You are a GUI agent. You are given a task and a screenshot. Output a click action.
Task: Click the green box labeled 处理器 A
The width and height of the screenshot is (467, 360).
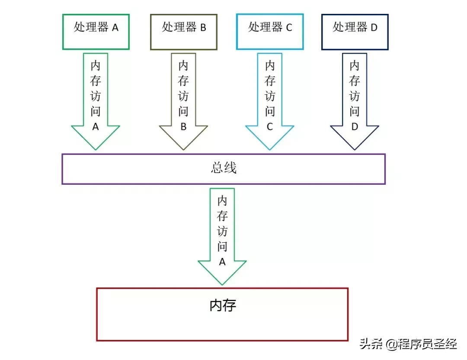(x=96, y=32)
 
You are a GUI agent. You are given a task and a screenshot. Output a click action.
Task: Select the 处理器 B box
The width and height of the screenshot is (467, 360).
(x=184, y=32)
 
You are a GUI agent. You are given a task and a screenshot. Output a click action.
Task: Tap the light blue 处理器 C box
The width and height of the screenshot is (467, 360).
(x=270, y=32)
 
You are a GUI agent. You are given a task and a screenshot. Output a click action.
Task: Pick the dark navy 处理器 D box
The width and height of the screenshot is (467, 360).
(x=355, y=32)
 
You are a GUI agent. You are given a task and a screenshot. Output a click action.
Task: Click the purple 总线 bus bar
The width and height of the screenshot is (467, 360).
(x=223, y=169)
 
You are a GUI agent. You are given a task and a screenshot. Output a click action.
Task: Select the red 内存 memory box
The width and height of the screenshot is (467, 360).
(x=222, y=315)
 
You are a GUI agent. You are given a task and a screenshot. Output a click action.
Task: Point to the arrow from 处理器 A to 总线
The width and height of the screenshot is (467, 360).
(x=96, y=100)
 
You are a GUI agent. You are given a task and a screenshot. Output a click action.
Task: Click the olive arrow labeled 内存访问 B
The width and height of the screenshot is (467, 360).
(x=184, y=100)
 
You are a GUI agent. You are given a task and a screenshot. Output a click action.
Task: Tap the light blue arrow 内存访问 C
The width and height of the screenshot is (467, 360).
(x=270, y=100)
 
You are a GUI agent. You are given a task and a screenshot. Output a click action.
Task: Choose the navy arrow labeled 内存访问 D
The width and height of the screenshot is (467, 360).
(x=355, y=100)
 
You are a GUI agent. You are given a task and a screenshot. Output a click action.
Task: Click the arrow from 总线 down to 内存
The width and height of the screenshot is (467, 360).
(x=222, y=236)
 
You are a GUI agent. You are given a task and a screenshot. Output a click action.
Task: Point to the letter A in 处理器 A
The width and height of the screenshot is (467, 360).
(x=115, y=28)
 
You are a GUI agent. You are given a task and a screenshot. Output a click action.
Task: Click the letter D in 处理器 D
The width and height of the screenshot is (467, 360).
(x=374, y=28)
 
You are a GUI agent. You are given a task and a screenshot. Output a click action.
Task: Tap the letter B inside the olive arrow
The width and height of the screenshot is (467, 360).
(x=184, y=127)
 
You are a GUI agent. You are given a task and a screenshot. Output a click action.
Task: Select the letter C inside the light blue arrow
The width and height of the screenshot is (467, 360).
(x=270, y=127)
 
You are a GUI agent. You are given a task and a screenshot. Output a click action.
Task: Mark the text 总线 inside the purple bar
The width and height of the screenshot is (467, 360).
(x=224, y=168)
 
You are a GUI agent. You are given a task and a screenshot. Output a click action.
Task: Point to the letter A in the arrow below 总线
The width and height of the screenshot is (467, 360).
(x=222, y=262)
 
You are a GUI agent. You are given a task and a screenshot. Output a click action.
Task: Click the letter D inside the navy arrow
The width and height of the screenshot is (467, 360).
(x=355, y=127)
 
